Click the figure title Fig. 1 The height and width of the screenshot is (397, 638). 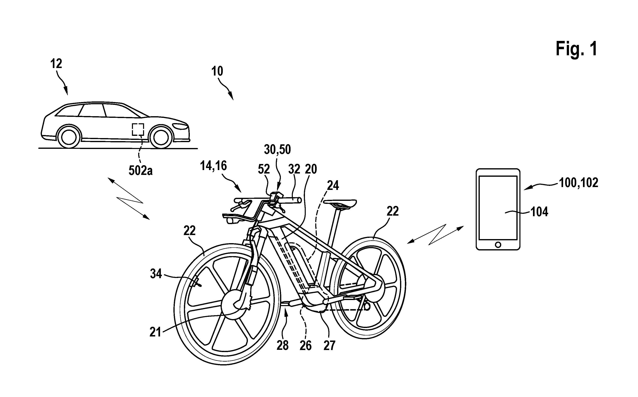pos(576,49)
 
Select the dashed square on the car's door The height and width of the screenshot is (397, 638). pos(138,129)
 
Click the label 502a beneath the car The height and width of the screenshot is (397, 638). pos(140,171)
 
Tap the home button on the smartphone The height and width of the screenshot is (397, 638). pos(498,245)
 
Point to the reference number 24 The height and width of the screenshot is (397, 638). pos(333,185)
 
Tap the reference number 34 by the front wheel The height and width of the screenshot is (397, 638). pos(156,274)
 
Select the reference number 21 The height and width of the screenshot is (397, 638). pos(155,332)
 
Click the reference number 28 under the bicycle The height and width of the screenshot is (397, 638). pos(283,346)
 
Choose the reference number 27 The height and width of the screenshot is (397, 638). pos(329,346)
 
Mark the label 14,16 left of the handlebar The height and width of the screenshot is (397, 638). pos(213,166)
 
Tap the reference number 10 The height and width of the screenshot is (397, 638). pos(217,71)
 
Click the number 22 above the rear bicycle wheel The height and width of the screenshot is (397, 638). pos(393,211)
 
